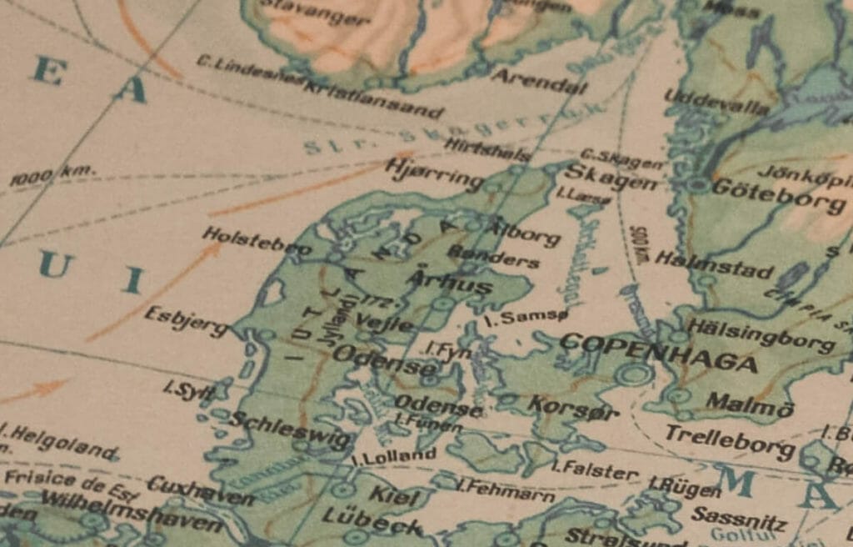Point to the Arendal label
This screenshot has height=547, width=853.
539,81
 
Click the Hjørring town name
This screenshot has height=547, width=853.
434,174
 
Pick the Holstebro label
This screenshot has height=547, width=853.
257,241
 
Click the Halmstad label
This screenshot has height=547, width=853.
714,265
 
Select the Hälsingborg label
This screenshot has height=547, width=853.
759,334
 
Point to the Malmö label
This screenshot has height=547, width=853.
750,405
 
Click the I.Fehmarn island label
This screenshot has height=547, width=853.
506,489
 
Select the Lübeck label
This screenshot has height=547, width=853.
372,520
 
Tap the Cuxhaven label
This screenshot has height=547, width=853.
201,490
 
